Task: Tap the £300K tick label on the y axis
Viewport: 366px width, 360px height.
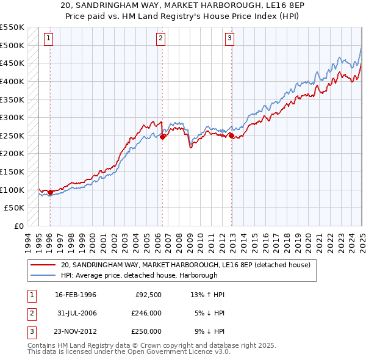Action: click(12, 117)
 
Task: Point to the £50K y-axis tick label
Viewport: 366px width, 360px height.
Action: click(15, 208)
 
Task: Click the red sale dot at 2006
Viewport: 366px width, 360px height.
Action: click(163, 137)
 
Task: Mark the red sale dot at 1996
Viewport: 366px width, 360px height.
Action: click(50, 193)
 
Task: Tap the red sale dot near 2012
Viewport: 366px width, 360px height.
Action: click(232, 136)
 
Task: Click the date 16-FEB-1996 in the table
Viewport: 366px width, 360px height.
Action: click(76, 295)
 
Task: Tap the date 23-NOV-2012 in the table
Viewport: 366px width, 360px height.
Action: click(76, 331)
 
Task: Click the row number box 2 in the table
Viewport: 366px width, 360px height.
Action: click(31, 313)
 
